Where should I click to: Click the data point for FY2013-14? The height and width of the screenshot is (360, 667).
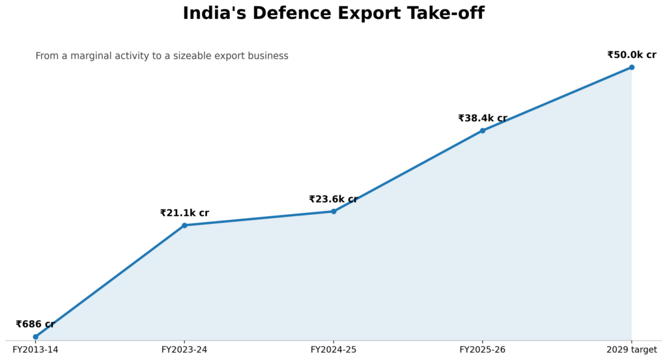pyautogui.click(x=36, y=337)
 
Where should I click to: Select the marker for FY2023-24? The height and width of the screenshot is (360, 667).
pyautogui.click(x=184, y=225)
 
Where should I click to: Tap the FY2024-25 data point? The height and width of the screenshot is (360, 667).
pyautogui.click(x=333, y=211)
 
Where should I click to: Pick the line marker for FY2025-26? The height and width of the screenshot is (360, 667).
pyautogui.click(x=483, y=130)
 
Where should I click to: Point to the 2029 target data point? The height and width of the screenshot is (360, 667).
pyautogui.click(x=632, y=67)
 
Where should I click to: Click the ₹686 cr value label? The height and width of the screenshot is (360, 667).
pyautogui.click(x=35, y=324)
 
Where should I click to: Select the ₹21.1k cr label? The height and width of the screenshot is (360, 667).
pyautogui.click(x=184, y=213)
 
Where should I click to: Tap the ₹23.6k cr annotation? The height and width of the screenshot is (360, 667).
pyautogui.click(x=333, y=199)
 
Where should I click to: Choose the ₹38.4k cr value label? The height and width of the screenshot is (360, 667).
pyautogui.click(x=483, y=118)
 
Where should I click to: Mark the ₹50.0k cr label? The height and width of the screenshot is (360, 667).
pyautogui.click(x=632, y=55)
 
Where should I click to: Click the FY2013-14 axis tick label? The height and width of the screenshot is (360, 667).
pyautogui.click(x=35, y=350)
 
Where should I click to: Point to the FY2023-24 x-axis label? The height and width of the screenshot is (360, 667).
pyautogui.click(x=184, y=350)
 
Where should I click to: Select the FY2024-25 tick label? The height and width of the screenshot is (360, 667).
pyautogui.click(x=333, y=350)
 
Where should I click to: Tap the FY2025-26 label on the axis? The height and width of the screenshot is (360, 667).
pyautogui.click(x=483, y=350)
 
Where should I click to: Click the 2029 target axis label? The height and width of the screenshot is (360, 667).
pyautogui.click(x=632, y=350)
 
